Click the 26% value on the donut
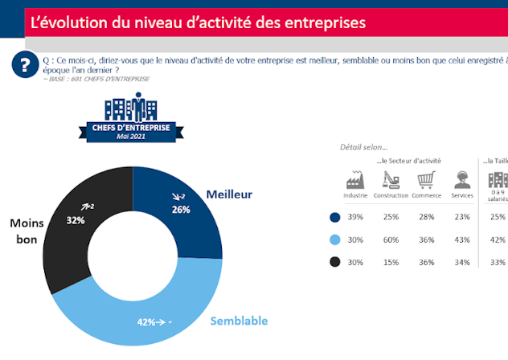pyautogui.click(x=181, y=210)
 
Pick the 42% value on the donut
pyautogui.click(x=146, y=323)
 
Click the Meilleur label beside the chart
pyautogui.click(x=229, y=194)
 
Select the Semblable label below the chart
pyautogui.click(x=239, y=321)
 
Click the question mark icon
pyautogui.click(x=28, y=65)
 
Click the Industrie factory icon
pyautogui.click(x=355, y=179)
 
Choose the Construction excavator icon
pyautogui.click(x=391, y=179)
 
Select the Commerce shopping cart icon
pyautogui.click(x=426, y=179)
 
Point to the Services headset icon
pyautogui.click(x=462, y=179)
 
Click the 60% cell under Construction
pyautogui.click(x=391, y=239)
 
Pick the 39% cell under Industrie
pyautogui.click(x=355, y=217)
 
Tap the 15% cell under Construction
pyautogui.click(x=391, y=261)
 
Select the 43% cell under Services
pyautogui.click(x=462, y=239)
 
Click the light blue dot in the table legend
pyautogui.click(x=334, y=239)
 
